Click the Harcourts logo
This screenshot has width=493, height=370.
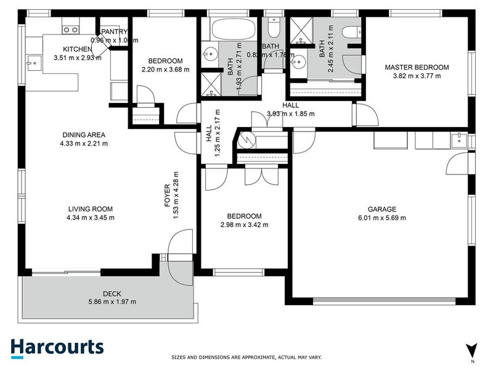[x=57, y=347]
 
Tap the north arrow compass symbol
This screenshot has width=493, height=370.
[x=472, y=350]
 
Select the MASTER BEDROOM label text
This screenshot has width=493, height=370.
[x=417, y=67]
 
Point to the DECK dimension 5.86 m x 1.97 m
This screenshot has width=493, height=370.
[x=111, y=302]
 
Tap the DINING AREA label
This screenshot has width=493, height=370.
[x=84, y=135]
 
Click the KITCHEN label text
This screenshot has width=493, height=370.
[x=77, y=50]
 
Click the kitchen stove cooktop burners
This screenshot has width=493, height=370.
[x=71, y=29]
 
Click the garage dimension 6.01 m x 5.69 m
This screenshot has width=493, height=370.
[x=381, y=218]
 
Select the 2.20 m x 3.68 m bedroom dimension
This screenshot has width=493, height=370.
[x=165, y=69]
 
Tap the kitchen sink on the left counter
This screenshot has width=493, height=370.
[x=32, y=61]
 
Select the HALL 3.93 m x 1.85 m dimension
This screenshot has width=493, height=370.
[x=290, y=113]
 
